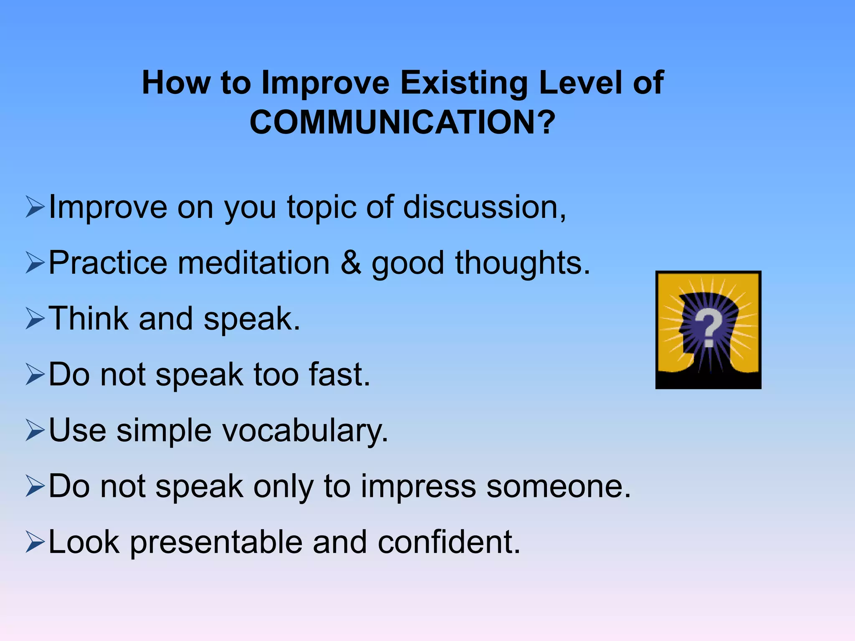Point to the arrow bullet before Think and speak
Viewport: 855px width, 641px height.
click(x=35, y=318)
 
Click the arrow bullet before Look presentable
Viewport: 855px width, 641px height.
click(x=35, y=542)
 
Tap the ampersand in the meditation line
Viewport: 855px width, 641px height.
click(x=351, y=263)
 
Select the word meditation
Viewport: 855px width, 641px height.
click(x=253, y=263)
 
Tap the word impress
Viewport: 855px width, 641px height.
click(x=418, y=487)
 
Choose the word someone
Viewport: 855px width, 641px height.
click(x=558, y=487)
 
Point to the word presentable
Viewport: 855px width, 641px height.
click(x=216, y=543)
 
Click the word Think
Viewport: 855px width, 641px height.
click(x=89, y=318)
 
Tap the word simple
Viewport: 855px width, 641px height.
click(x=164, y=431)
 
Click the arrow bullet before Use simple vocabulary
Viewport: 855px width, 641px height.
click(x=35, y=430)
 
